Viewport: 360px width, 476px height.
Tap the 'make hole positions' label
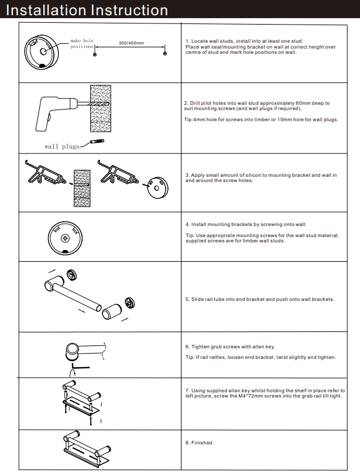pyautogui.click(x=82, y=43)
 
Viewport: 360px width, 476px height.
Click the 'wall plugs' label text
pyautogui.click(x=61, y=146)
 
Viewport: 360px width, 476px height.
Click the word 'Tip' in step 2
pyautogui.click(x=188, y=119)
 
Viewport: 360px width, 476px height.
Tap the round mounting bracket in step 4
pyautogui.click(x=65, y=238)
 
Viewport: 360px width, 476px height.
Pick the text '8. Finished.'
pyautogui.click(x=200, y=443)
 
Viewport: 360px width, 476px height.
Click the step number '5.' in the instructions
pyautogui.click(x=187, y=299)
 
